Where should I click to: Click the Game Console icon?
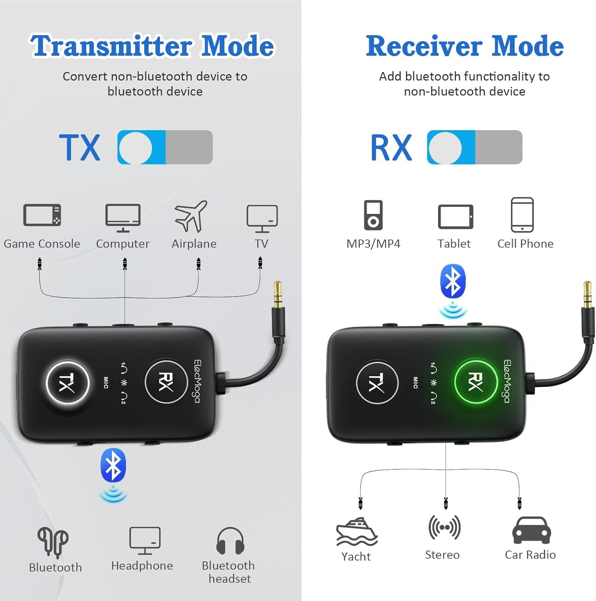point(42,215)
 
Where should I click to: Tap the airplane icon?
point(191,216)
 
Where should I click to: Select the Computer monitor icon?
point(123,217)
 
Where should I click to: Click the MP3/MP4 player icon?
point(373,215)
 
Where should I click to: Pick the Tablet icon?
point(455,217)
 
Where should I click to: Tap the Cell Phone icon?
point(522,215)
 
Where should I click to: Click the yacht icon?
point(356,532)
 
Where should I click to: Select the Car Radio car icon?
point(531,531)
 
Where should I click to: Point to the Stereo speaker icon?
point(444,527)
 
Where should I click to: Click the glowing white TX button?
point(67,383)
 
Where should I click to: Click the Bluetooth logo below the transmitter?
point(113,465)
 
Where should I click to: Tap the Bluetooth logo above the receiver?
point(453,281)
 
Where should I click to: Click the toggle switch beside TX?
point(165,147)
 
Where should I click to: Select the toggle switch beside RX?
point(474,147)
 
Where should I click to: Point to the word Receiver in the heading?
point(424,46)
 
